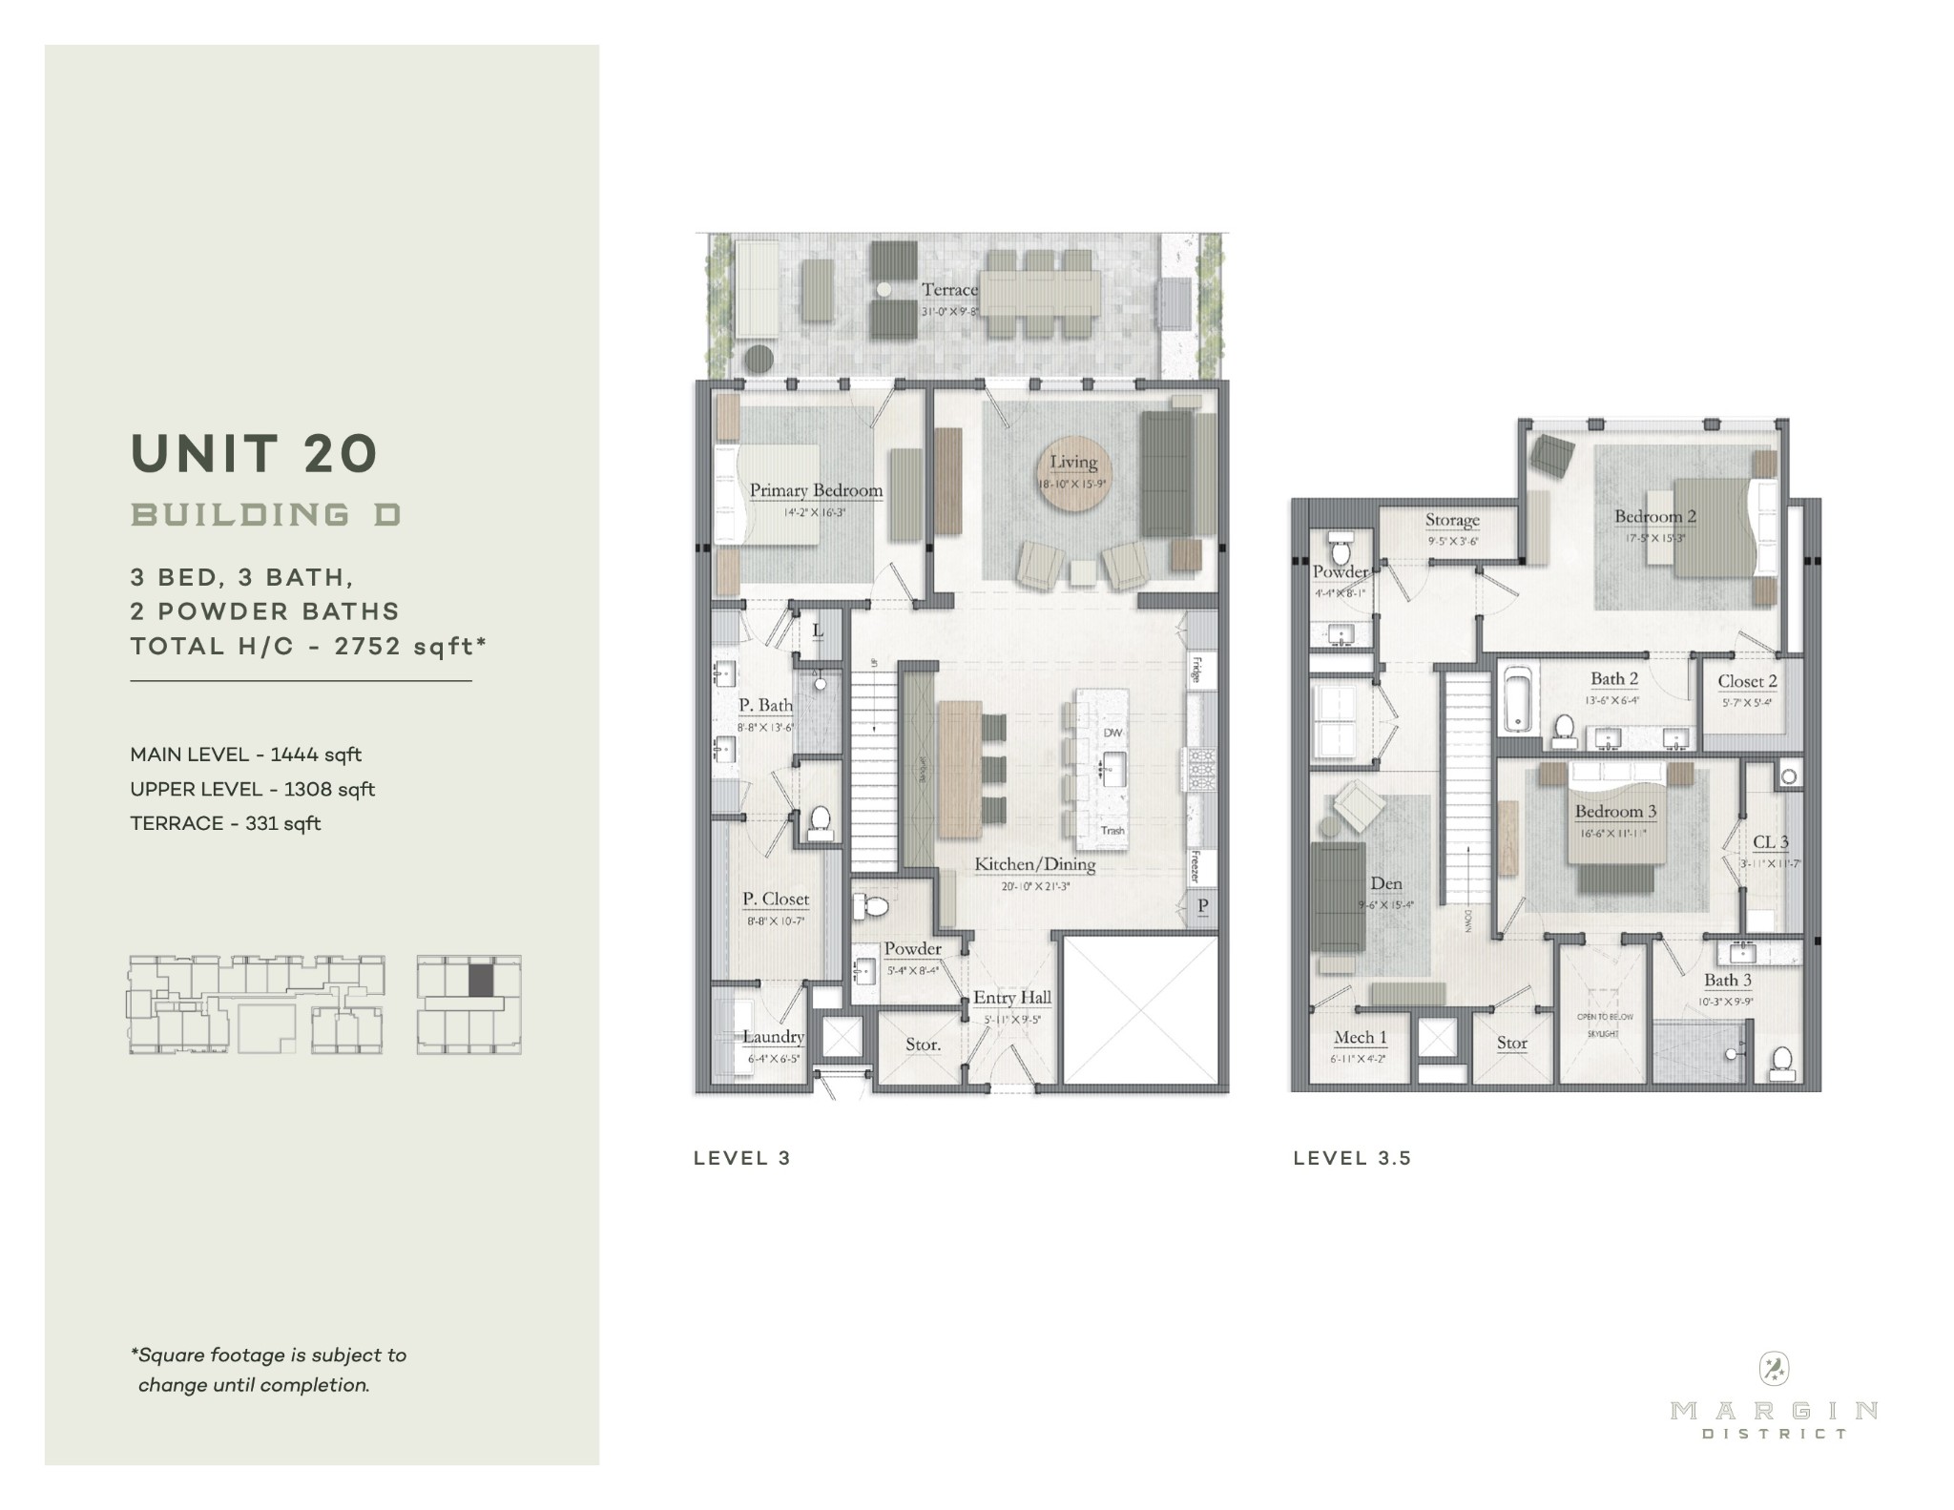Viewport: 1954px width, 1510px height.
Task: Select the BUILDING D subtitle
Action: click(x=266, y=515)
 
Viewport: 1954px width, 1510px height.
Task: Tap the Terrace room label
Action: click(x=949, y=289)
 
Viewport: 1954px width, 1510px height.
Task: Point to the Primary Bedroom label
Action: click(x=816, y=490)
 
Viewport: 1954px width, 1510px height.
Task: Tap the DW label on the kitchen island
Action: click(x=1112, y=733)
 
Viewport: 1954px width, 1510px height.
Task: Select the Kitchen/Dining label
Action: click(x=1034, y=864)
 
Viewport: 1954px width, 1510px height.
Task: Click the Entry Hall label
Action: click(x=1012, y=998)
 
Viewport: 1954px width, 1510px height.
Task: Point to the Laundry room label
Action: click(x=774, y=1037)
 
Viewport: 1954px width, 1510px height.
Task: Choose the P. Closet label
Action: click(x=776, y=899)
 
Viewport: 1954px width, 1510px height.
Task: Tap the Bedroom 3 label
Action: click(x=1615, y=812)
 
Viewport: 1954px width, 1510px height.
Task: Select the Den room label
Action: click(x=1386, y=883)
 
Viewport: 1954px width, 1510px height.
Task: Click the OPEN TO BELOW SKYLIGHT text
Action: click(x=1603, y=1024)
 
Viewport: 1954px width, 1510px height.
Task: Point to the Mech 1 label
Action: click(x=1360, y=1038)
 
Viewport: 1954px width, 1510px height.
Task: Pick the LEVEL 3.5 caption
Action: click(x=1351, y=1158)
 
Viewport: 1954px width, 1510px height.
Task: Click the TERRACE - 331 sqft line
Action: click(x=225, y=823)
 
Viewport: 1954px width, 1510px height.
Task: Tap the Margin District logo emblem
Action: click(x=1774, y=1371)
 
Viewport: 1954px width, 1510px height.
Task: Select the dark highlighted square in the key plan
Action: click(x=482, y=979)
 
